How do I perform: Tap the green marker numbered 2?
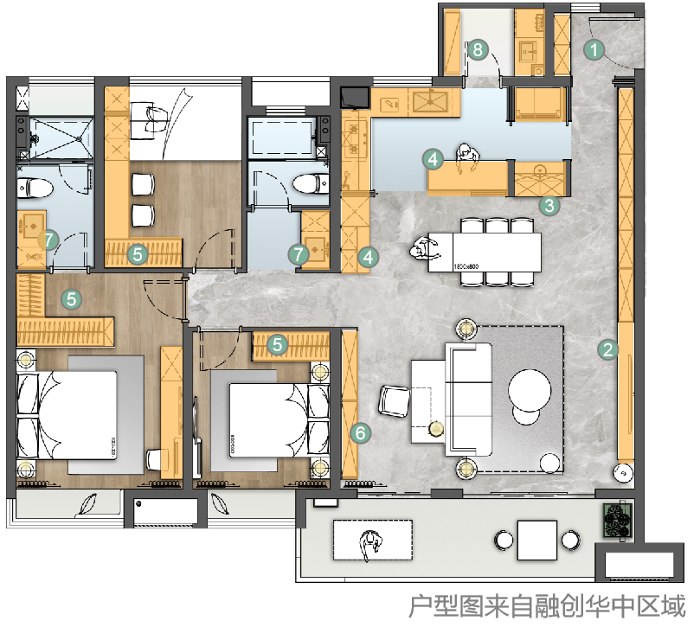pyautogui.click(x=607, y=349)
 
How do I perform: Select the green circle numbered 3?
pyautogui.click(x=549, y=207)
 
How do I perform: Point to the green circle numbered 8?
pyautogui.click(x=478, y=50)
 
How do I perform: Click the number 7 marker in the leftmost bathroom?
pyautogui.click(x=49, y=240)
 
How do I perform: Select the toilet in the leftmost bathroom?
pyautogui.click(x=33, y=189)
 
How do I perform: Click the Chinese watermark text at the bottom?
pyautogui.click(x=546, y=605)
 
